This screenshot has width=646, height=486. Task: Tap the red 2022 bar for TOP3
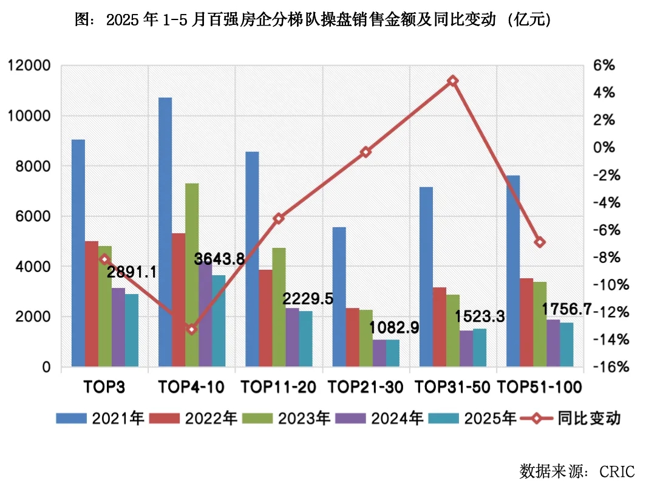click(91, 304)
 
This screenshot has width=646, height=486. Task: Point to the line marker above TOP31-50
click(452, 81)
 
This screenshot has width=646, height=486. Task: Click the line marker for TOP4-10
click(192, 329)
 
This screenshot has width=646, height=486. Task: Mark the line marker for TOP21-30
click(365, 152)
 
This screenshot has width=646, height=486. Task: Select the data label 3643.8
click(219, 259)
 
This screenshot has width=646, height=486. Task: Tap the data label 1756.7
click(567, 309)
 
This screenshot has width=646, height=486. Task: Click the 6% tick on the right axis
click(603, 66)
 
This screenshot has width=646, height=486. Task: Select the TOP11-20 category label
click(279, 387)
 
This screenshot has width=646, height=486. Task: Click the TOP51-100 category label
click(540, 387)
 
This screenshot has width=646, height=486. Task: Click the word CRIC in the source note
click(617, 471)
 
